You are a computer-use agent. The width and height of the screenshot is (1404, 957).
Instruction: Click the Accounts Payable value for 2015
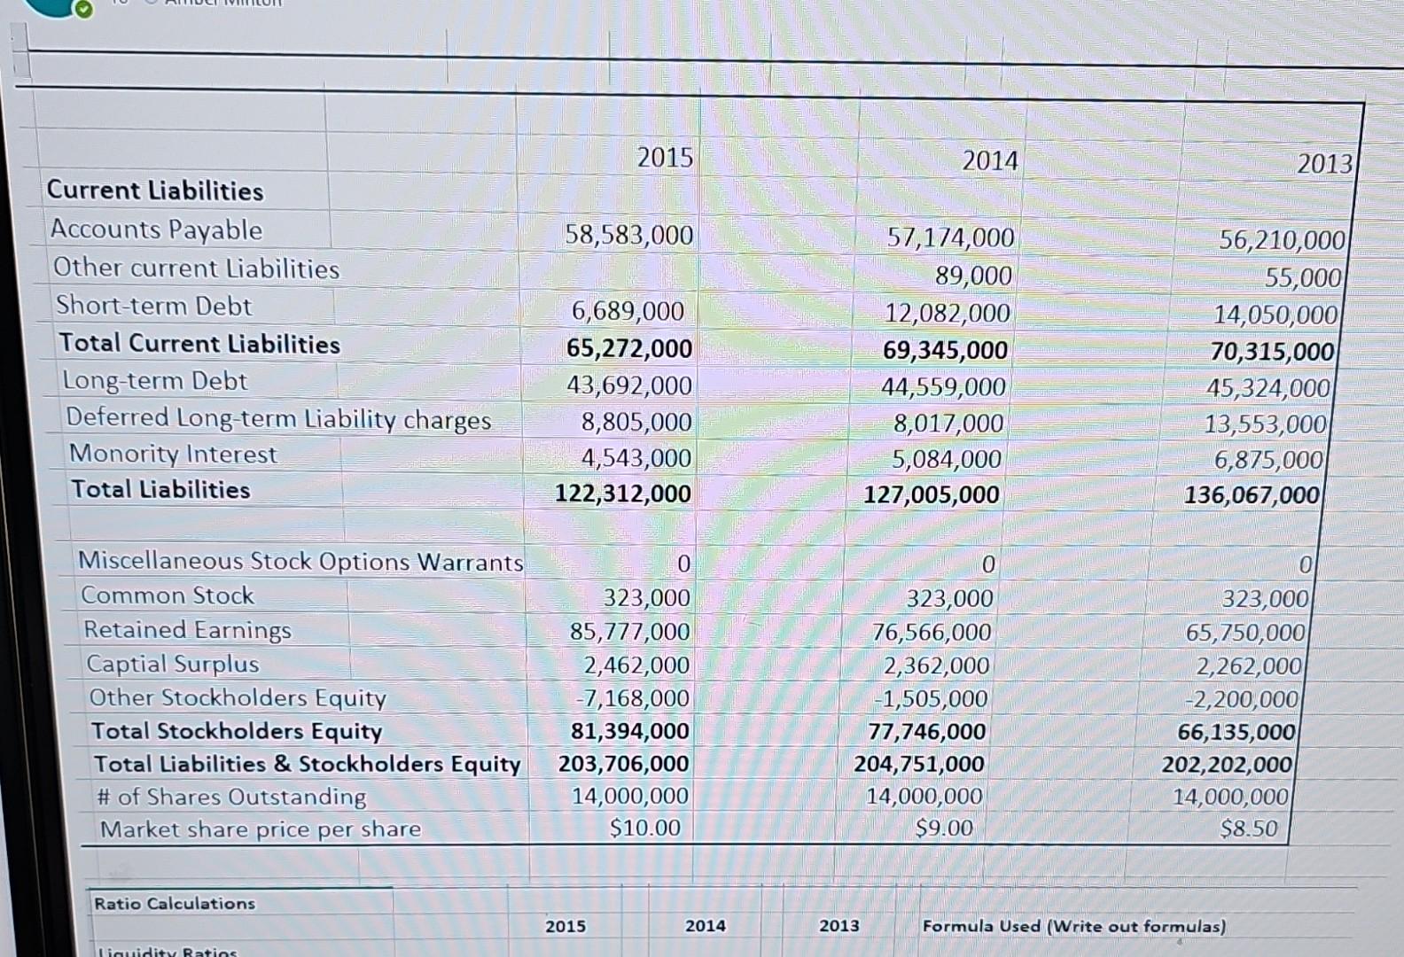click(629, 235)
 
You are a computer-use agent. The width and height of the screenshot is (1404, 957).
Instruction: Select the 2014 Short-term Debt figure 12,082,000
click(947, 313)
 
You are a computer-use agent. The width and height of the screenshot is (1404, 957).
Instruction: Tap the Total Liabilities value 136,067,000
click(1252, 494)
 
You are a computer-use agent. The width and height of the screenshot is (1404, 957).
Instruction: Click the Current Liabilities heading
click(155, 191)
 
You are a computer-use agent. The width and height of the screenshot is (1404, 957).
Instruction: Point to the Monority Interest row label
click(174, 454)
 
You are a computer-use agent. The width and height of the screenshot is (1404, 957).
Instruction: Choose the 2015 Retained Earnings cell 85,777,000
click(629, 631)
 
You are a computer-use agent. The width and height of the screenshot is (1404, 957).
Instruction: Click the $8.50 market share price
click(1248, 829)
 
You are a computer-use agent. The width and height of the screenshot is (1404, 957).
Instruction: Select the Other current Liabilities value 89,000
click(973, 276)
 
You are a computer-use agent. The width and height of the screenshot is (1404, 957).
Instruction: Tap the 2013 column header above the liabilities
click(1324, 164)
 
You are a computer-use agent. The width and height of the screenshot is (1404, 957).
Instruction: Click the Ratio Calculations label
click(175, 904)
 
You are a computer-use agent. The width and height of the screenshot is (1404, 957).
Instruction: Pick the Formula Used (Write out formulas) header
click(1074, 926)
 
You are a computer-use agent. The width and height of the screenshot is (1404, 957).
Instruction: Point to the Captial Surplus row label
click(173, 664)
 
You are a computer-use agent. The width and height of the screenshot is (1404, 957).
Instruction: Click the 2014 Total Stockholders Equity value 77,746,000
click(926, 731)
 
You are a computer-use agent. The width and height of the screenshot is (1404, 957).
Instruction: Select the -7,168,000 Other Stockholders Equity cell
click(633, 698)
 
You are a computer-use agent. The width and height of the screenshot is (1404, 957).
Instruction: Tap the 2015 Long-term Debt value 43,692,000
click(629, 385)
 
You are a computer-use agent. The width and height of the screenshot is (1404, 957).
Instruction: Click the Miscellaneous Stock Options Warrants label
click(300, 562)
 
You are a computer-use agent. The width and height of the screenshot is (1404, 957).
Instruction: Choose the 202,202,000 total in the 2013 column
click(1227, 764)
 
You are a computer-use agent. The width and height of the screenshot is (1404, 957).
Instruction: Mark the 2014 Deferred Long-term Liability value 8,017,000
click(948, 424)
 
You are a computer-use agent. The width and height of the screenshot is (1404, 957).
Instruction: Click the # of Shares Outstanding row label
click(231, 797)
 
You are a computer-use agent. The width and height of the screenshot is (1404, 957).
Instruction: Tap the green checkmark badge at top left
click(82, 10)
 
